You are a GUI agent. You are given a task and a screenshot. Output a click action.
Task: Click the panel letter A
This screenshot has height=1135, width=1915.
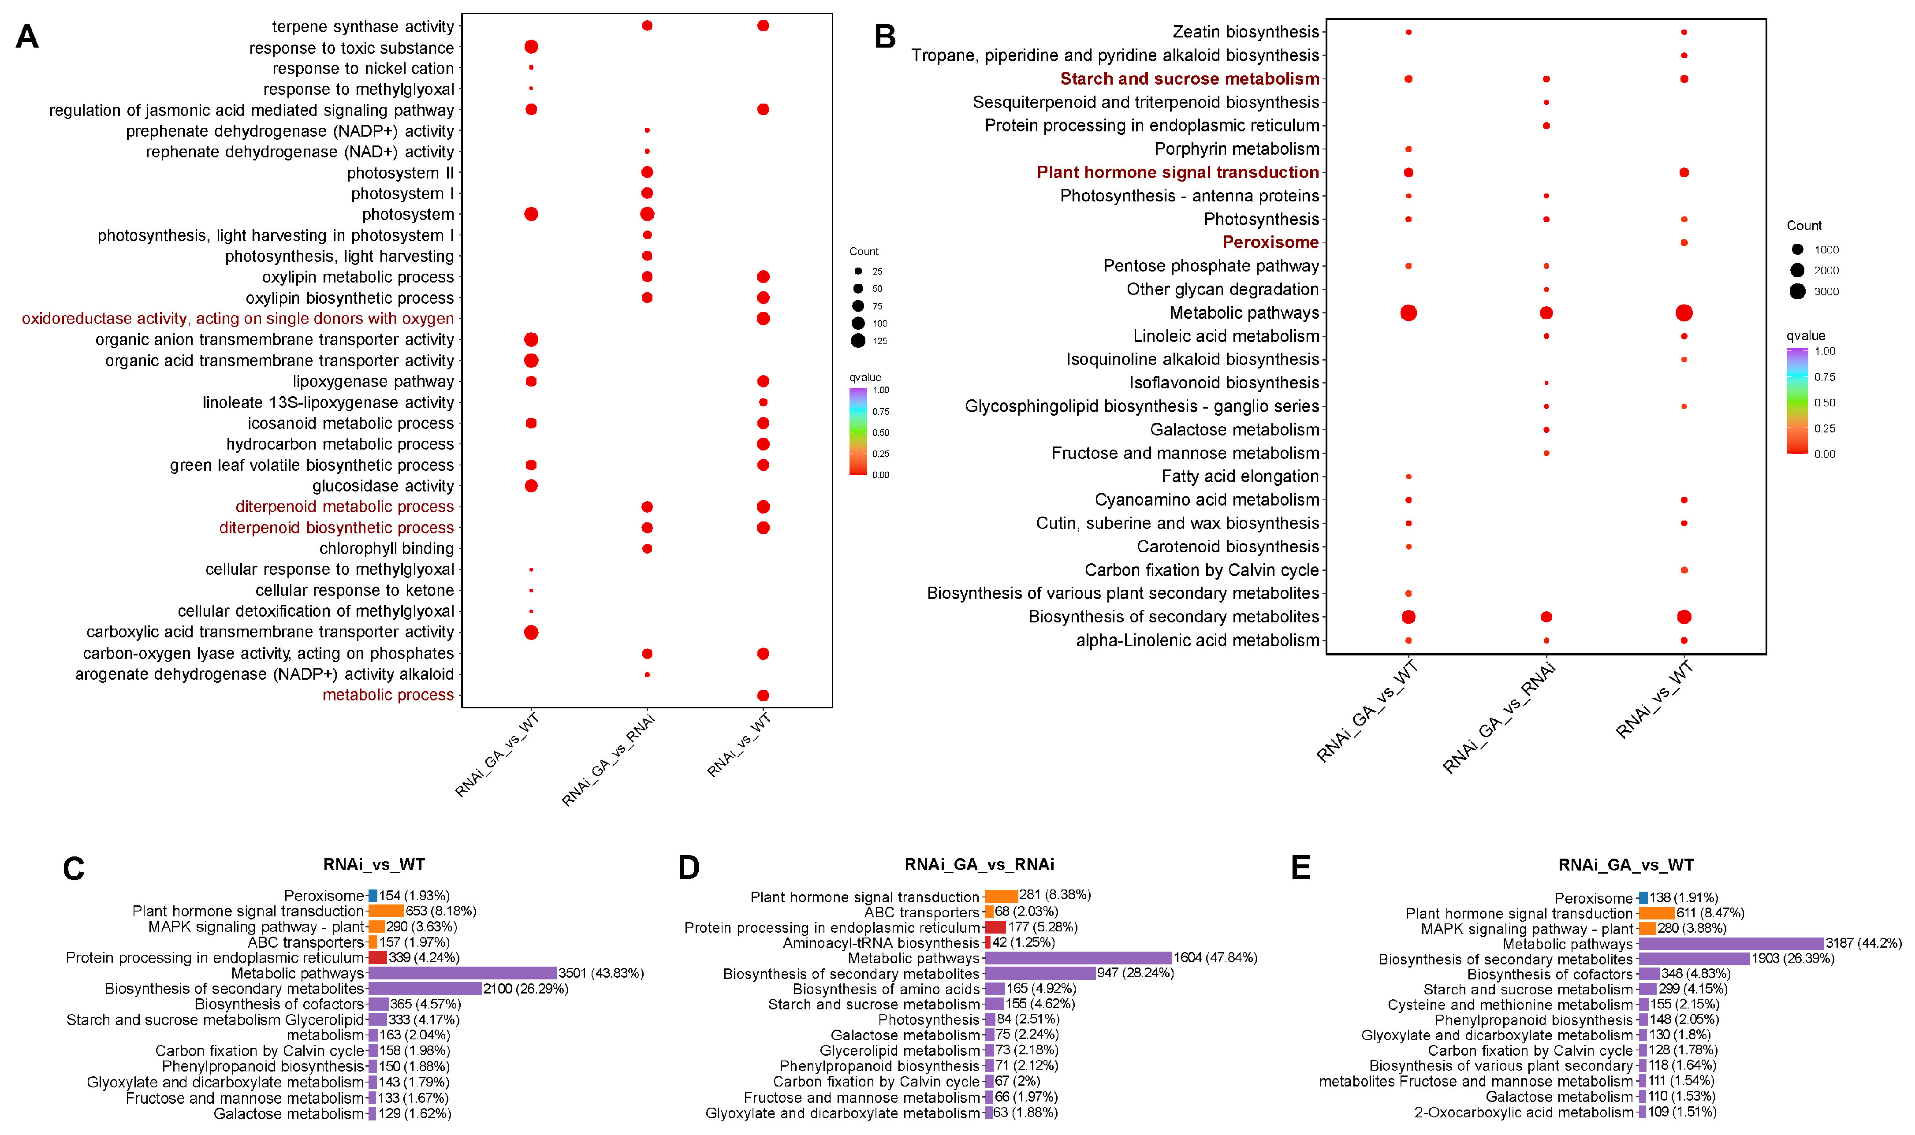[x=27, y=36]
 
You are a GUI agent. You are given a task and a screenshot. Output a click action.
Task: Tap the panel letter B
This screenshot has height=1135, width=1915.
[x=885, y=36]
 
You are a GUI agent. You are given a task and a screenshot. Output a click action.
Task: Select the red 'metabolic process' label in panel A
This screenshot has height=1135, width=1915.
[x=388, y=695]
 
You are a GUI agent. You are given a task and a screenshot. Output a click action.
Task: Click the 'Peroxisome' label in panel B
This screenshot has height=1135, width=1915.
[x=1270, y=242]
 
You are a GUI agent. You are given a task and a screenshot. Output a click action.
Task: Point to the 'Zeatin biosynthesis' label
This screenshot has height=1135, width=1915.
[x=1246, y=32]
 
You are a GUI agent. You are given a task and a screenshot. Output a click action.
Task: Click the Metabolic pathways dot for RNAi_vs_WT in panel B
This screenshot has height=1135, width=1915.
[x=1683, y=313]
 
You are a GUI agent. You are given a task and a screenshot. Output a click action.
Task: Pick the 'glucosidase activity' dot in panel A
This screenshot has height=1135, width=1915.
[x=532, y=486]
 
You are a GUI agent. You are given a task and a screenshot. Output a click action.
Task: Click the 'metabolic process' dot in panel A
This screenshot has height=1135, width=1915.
[x=763, y=695]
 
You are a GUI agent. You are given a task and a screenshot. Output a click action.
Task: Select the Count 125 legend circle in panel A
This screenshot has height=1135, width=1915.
[x=858, y=341]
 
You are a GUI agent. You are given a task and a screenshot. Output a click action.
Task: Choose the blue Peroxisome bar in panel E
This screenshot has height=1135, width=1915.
[x=1643, y=898]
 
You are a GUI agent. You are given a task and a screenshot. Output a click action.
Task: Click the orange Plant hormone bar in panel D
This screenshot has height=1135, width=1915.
[x=1001, y=896]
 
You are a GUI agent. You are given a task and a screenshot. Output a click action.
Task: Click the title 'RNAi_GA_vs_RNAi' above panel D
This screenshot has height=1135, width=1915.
[x=979, y=864]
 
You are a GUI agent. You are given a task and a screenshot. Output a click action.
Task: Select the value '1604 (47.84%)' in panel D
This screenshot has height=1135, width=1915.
[x=1216, y=957]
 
